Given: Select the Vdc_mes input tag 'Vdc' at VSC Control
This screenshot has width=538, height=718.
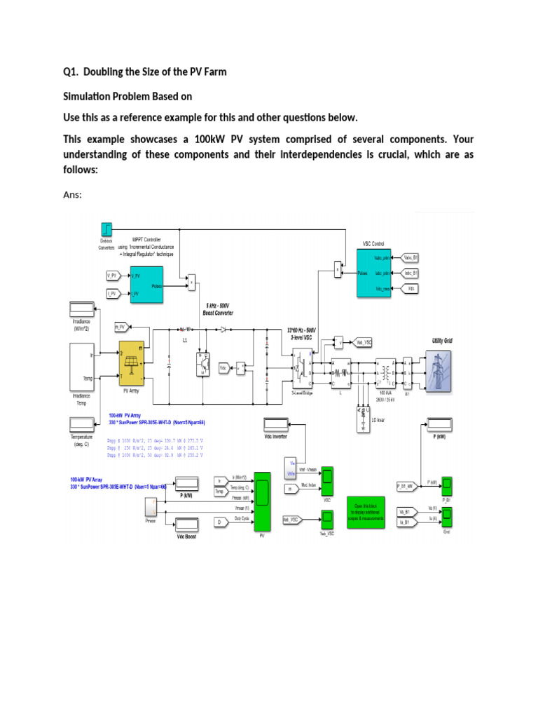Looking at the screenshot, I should click(411, 288).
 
